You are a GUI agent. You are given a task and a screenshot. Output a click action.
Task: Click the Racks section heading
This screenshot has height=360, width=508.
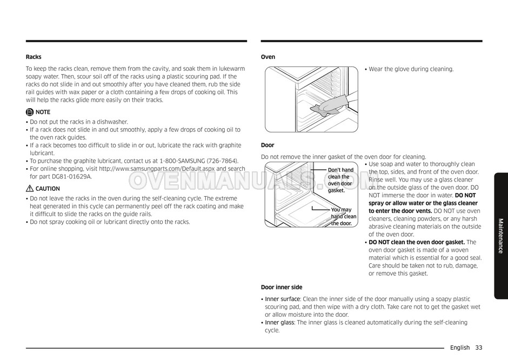tap(34, 57)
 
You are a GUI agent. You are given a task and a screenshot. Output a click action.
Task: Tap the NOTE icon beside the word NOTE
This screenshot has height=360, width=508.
tap(29, 112)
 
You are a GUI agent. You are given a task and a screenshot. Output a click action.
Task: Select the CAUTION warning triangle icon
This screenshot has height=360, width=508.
tap(30, 189)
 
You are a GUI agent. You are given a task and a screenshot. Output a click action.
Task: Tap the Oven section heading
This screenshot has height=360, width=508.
tap(268, 57)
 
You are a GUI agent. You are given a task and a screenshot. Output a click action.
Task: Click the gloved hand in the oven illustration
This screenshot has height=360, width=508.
tap(327, 106)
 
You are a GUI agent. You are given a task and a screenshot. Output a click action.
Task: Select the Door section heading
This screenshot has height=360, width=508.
tap(268, 145)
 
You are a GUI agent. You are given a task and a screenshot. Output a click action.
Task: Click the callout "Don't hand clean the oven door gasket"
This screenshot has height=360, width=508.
tap(340, 180)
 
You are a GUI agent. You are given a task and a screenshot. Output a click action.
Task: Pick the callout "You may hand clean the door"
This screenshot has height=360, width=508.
tap(343, 216)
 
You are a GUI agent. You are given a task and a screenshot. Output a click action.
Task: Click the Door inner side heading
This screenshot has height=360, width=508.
tap(282, 287)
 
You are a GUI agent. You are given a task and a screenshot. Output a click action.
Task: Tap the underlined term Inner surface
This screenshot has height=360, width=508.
tap(283, 299)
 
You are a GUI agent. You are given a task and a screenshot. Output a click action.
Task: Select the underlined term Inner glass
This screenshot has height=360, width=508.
tap(279, 323)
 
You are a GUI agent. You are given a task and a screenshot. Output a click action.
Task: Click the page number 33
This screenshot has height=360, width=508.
tap(479, 348)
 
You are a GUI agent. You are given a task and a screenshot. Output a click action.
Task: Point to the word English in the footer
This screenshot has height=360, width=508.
tap(459, 348)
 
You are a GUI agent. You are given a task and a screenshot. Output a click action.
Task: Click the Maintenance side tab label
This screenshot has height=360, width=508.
tap(500, 236)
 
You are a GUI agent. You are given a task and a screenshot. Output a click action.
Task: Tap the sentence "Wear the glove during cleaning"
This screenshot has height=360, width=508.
tap(411, 69)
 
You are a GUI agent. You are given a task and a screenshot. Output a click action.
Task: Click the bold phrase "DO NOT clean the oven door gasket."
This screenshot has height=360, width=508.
tap(417, 242)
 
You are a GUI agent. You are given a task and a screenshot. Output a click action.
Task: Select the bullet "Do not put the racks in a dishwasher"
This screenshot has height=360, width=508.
tap(79, 122)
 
